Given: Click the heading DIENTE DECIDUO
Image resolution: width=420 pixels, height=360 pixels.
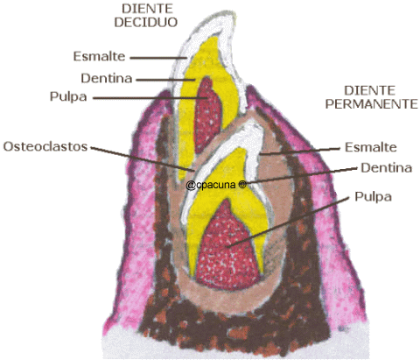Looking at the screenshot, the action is tap(146, 16).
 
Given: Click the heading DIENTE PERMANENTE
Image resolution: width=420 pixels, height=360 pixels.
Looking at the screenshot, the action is tap(371, 97).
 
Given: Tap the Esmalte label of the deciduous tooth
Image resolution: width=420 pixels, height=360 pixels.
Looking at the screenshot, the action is tap(99, 56).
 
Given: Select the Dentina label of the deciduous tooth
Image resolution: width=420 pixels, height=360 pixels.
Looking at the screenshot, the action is tap(107, 78).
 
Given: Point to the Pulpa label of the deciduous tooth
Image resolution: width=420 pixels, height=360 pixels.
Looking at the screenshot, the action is tap(68, 96).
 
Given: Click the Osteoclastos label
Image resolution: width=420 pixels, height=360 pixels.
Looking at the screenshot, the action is tap(45, 146).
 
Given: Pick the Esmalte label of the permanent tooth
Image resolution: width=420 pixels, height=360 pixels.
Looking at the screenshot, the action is tap(371, 147).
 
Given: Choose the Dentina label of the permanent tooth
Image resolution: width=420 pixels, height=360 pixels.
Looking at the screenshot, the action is tap(386, 168).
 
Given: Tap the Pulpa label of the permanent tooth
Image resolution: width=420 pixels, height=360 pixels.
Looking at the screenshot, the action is tap(373, 197).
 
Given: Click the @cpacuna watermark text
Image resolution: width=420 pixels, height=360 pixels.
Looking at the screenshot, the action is tap(211, 185).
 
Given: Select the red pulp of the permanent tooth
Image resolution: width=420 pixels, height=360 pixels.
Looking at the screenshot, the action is tap(227, 248).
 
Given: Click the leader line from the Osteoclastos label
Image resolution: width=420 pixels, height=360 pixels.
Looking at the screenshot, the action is tap(142, 159).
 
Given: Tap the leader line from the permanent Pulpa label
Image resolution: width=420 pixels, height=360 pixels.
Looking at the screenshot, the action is tap(288, 222).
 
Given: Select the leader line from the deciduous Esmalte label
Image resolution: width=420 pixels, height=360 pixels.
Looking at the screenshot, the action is tap(158, 58).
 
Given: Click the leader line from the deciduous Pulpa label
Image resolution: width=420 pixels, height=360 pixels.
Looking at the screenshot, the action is tap(150, 98).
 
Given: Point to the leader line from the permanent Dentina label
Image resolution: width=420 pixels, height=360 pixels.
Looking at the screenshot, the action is tap(303, 175).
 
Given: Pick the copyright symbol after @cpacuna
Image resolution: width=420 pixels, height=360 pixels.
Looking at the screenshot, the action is tap(242, 185).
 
